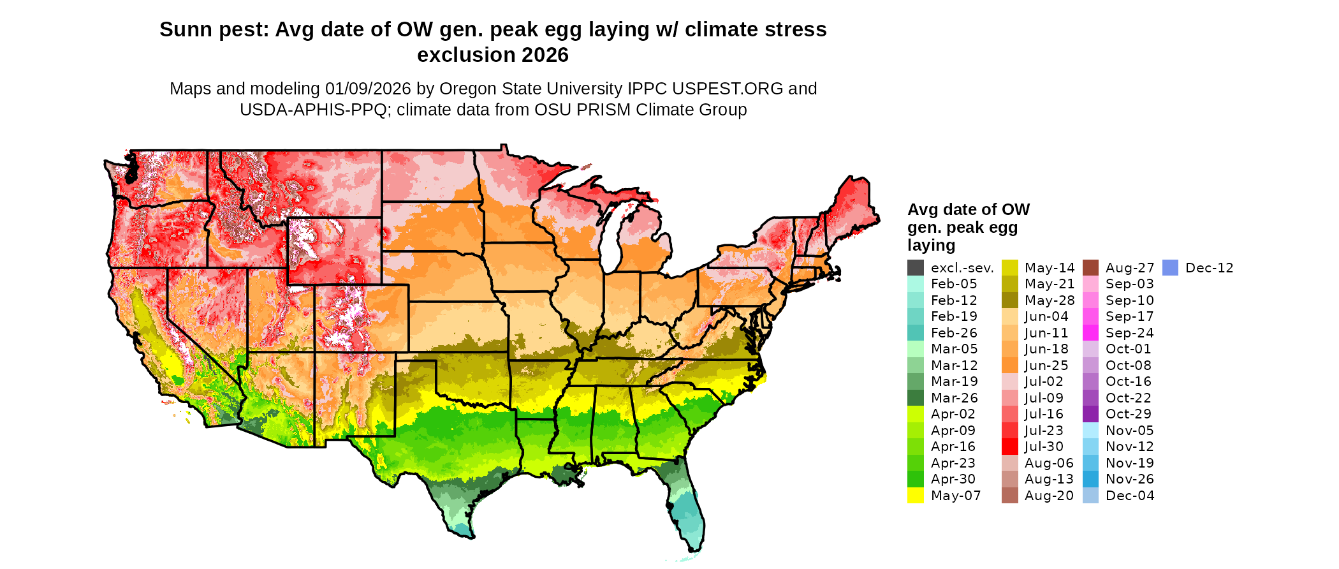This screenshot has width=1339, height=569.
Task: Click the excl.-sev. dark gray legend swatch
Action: (x=916, y=268)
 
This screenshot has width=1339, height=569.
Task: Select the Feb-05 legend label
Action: (x=954, y=284)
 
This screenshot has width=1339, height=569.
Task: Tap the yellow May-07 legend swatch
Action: (x=916, y=496)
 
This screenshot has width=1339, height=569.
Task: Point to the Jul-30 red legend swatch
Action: (x=1010, y=447)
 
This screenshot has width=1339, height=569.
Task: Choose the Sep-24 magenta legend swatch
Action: (x=1091, y=333)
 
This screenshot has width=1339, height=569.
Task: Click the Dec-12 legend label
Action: (x=1209, y=268)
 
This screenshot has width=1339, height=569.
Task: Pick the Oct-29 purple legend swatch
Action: (x=1091, y=414)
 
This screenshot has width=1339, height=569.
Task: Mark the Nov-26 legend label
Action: (x=1130, y=479)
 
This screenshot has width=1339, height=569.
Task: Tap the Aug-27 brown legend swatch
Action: (x=1091, y=268)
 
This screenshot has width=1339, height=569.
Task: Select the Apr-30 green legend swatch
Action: (x=916, y=479)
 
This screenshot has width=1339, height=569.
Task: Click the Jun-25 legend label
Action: (x=1046, y=366)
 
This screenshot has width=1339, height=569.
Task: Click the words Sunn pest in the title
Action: (x=213, y=29)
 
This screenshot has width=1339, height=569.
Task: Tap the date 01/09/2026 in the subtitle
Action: (x=368, y=89)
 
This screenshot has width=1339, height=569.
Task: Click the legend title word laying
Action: (x=931, y=246)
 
